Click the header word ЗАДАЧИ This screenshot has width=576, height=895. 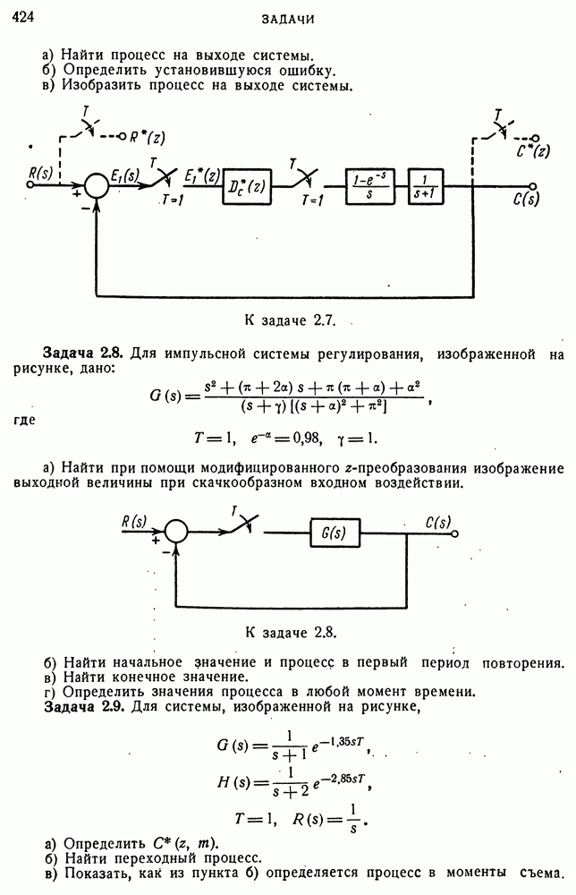(288, 19)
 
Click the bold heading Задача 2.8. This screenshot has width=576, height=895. (83, 355)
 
